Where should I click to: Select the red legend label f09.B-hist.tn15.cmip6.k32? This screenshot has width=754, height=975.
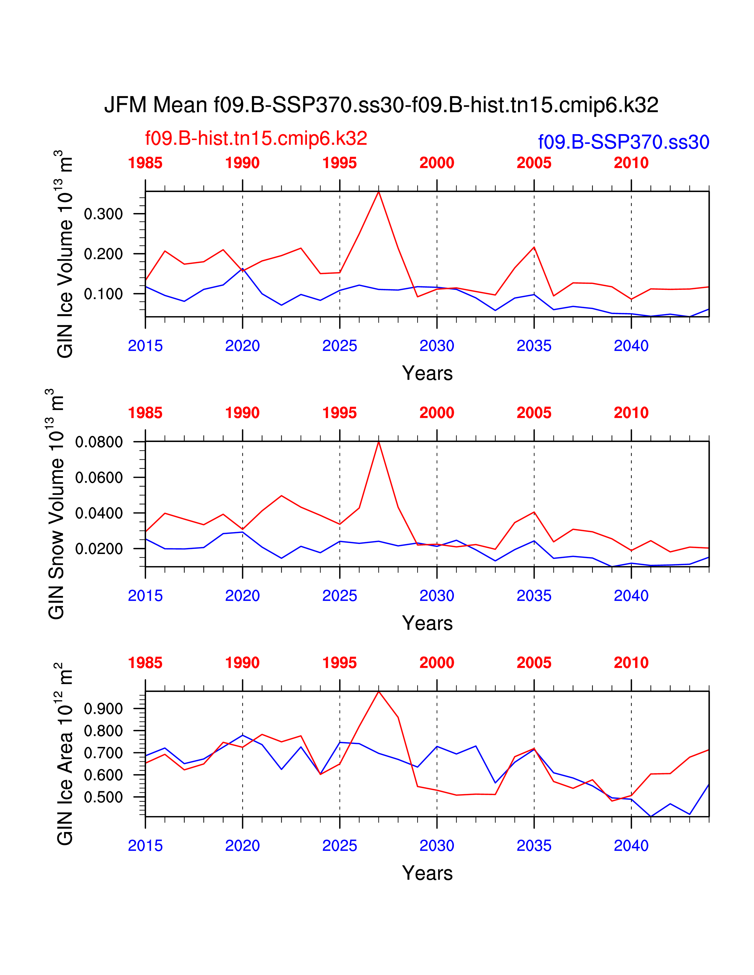tap(256, 138)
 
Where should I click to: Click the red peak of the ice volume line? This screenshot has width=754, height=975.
tap(379, 192)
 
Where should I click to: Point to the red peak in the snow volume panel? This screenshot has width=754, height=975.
tap(379, 442)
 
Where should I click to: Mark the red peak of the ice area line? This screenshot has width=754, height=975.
tap(379, 692)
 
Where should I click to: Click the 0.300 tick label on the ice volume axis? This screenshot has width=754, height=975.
tap(103, 214)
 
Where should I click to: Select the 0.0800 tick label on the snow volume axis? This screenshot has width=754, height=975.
tap(99, 442)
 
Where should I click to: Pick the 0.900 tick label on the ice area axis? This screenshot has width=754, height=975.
tap(103, 708)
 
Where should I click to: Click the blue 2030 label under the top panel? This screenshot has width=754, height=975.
tap(436, 346)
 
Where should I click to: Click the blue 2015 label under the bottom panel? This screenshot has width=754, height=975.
tap(145, 846)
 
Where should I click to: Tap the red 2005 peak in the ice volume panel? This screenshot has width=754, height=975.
tap(534, 247)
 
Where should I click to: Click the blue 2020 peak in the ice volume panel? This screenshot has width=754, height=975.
tap(242, 269)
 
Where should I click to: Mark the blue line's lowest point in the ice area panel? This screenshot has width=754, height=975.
tap(651, 817)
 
